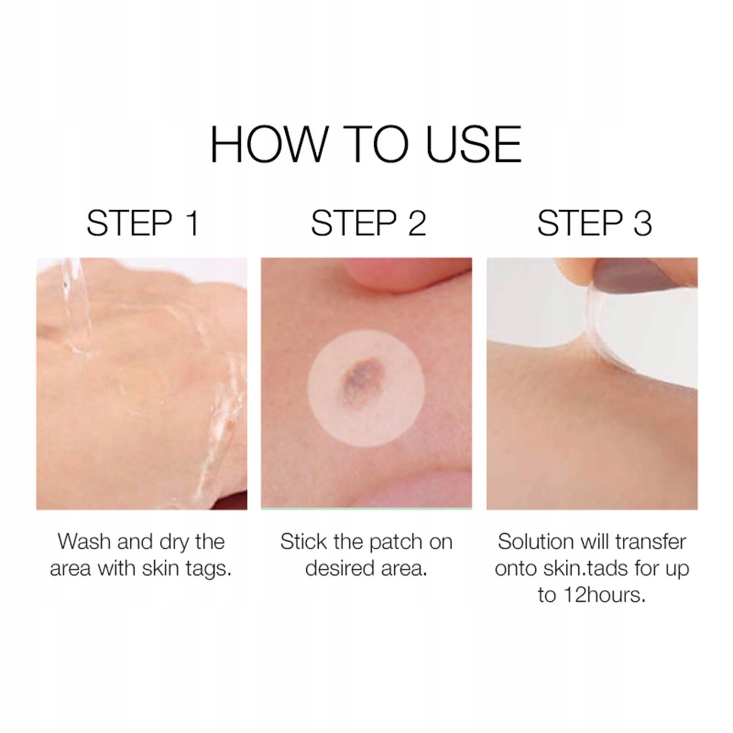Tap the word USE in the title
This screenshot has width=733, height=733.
(474, 144)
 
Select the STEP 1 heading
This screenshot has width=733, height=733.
(143, 223)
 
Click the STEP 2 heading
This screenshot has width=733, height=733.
(369, 223)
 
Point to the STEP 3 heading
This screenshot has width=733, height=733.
(595, 223)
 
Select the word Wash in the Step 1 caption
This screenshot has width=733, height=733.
(84, 541)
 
